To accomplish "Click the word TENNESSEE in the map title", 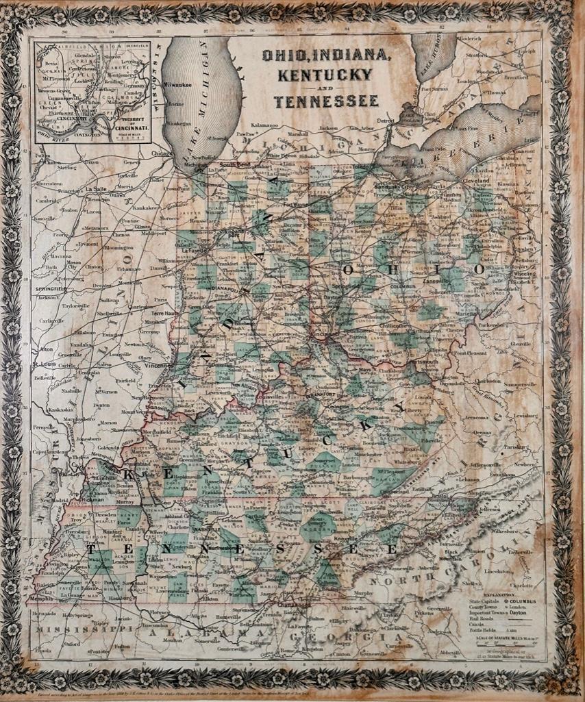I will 325,102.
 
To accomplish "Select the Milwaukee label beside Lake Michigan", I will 177,84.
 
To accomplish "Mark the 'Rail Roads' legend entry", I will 492,623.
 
